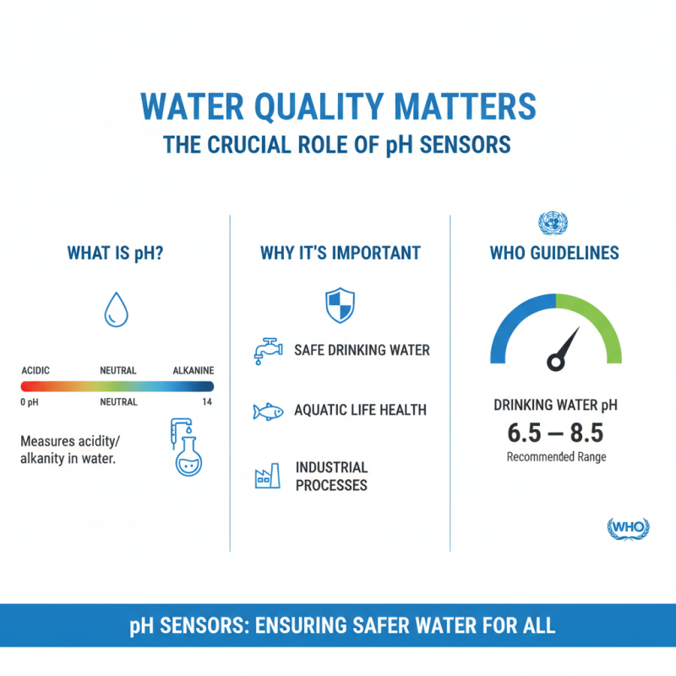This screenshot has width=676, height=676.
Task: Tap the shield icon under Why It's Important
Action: [x=340, y=304]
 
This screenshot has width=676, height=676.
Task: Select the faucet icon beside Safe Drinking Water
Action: [x=268, y=350]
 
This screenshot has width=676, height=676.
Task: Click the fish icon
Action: [x=266, y=412]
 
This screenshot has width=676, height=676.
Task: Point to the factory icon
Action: [x=267, y=477]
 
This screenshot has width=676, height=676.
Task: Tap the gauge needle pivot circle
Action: [x=555, y=362]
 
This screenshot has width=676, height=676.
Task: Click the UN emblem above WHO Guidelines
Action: [x=553, y=224]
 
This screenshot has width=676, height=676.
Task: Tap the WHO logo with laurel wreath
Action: [x=629, y=527]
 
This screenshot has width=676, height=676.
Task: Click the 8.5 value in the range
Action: [x=585, y=433]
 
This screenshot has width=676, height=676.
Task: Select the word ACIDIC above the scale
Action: [x=36, y=370]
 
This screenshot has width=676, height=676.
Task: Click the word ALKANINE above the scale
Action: [x=194, y=370]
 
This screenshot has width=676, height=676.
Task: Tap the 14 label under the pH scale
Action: [x=207, y=402]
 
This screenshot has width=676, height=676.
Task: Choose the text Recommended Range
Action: [x=556, y=457]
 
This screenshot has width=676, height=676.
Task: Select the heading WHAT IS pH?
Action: [x=115, y=253]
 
